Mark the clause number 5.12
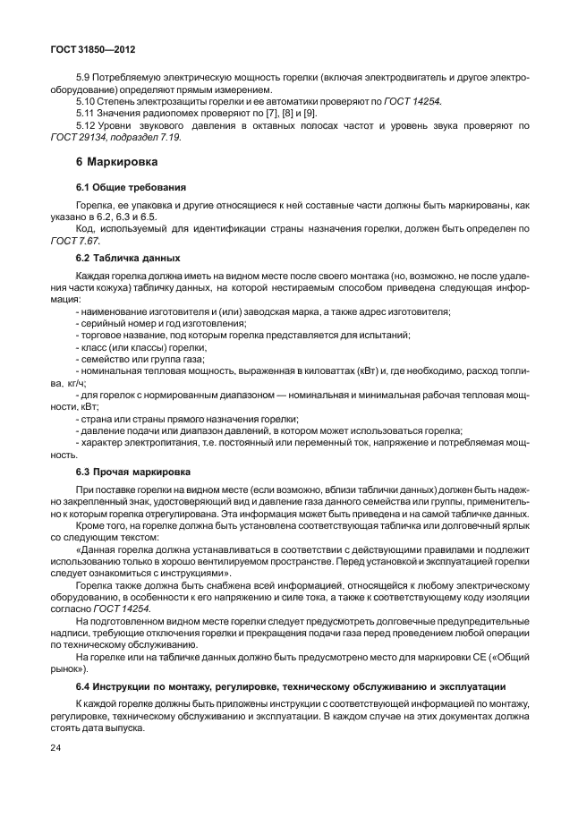point(88,125)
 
